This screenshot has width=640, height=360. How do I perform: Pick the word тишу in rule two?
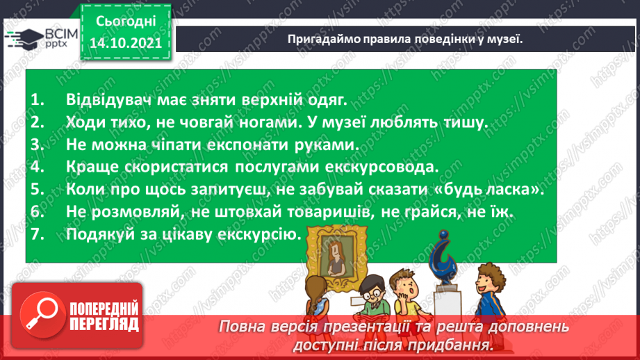click(466, 122)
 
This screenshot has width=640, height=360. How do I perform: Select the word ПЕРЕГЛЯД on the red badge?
click(104, 324)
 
